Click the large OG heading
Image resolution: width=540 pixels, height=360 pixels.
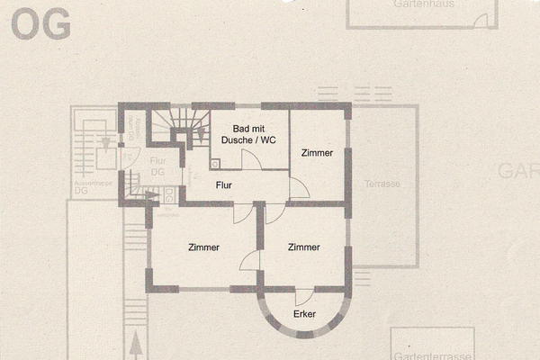click(x=41, y=26)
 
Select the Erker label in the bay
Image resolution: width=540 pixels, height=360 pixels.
click(x=305, y=314)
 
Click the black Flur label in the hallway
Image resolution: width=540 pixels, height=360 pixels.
click(x=224, y=184)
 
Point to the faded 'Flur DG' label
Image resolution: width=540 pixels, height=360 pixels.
click(x=157, y=166)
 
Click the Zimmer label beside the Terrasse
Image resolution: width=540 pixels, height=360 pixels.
click(x=317, y=153)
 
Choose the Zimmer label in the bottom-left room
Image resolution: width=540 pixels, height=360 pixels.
click(x=203, y=247)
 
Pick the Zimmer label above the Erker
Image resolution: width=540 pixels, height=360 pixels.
click(x=304, y=247)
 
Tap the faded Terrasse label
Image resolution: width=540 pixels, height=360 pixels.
click(x=382, y=184)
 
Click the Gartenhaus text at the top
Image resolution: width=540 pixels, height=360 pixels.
click(x=423, y=4)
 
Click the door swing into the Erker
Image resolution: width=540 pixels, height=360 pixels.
click(x=304, y=296)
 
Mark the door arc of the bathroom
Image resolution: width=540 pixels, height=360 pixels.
click(x=252, y=160)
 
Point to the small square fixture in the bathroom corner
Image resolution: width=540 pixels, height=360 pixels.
click(x=216, y=164)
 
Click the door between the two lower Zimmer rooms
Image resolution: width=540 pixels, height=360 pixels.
click(x=251, y=260)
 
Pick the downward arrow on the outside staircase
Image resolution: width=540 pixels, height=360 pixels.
click(x=107, y=142)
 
